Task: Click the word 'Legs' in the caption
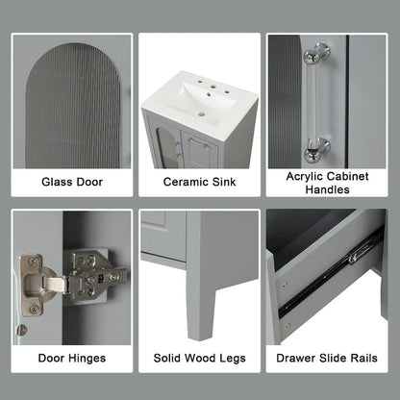[x=231, y=358]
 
